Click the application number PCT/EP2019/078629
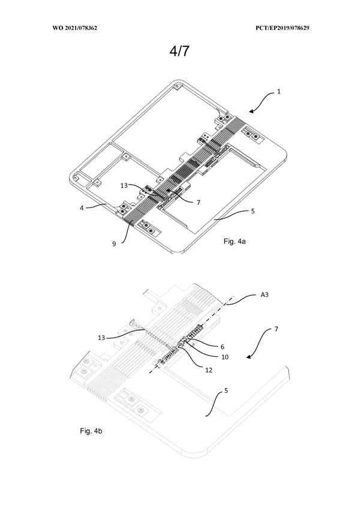coord(284,28)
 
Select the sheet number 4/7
coord(179,52)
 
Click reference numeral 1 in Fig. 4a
coord(278,92)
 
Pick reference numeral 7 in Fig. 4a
coord(197,202)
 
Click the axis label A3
coord(264,295)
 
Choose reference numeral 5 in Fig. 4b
coord(226,391)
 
